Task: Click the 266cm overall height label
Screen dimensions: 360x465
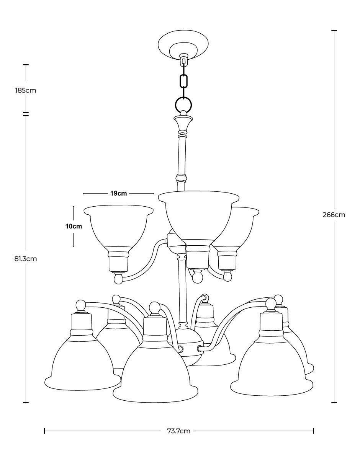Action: [x=334, y=215]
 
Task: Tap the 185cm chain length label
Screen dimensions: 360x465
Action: [x=26, y=91]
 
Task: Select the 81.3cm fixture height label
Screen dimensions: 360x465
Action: [x=26, y=259]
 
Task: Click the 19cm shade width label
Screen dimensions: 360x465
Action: [x=119, y=193]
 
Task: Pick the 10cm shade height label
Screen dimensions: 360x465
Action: [x=74, y=226]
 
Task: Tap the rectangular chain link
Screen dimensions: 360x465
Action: [x=184, y=81]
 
